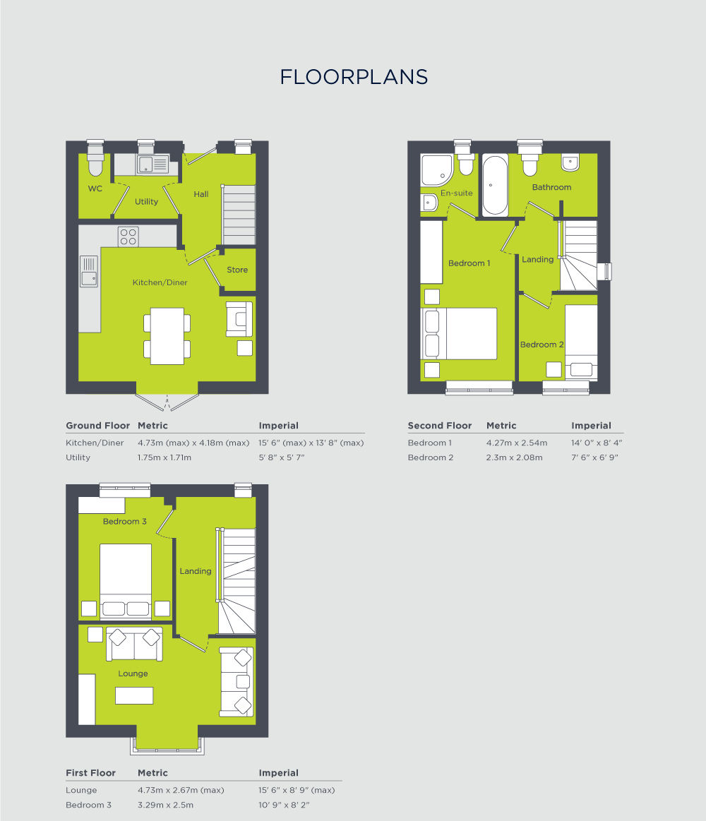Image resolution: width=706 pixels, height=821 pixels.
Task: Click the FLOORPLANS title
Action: coord(354,77)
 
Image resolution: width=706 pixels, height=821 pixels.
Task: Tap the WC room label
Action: coord(95,189)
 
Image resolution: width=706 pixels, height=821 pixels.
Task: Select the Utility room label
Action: coord(147,202)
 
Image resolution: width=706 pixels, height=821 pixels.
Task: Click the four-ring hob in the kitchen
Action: coord(128,236)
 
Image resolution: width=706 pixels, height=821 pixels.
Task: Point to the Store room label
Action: coord(237,270)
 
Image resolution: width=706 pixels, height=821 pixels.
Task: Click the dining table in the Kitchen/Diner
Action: coord(167,335)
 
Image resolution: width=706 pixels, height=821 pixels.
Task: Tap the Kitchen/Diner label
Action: coord(160,282)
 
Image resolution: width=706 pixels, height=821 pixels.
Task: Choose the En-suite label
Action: coord(457,193)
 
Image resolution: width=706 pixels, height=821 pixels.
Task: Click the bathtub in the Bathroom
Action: coord(494,185)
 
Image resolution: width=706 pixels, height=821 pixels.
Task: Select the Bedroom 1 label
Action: coord(469,263)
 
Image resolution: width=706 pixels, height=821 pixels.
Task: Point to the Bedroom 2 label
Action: coord(542,344)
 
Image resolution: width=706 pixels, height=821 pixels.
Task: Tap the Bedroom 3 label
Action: coord(125,521)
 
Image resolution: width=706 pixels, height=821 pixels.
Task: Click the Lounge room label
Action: coord(133,673)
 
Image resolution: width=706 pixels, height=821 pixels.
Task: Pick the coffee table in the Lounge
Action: coord(134,695)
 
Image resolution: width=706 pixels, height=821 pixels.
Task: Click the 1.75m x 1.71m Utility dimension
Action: coord(164,457)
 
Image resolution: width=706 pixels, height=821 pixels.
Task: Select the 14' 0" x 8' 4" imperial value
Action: coord(597,443)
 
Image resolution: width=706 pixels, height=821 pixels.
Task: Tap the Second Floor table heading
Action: coord(439,426)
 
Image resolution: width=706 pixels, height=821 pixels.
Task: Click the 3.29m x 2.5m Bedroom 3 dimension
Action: coord(165,805)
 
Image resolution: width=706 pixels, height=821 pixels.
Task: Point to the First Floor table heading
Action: coord(90,773)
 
